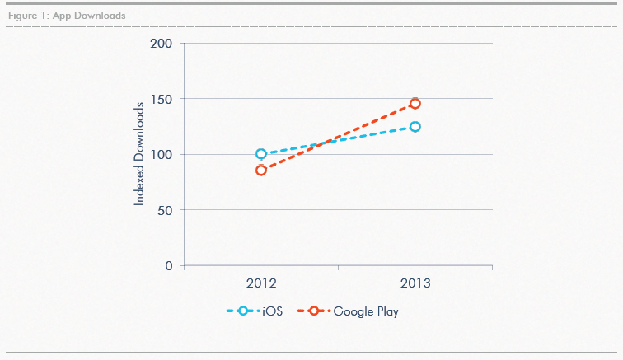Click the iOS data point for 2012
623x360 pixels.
[x=261, y=154]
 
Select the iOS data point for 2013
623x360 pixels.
[x=415, y=127]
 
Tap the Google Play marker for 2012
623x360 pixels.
[x=261, y=171]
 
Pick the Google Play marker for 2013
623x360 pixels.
[x=415, y=104]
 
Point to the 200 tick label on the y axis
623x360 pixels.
[x=162, y=43]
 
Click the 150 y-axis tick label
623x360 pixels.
[x=162, y=99]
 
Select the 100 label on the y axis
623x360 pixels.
[x=162, y=154]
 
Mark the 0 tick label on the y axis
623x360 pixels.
[x=169, y=266]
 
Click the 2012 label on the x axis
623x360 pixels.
[x=261, y=283]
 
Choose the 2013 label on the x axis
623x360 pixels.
[x=415, y=283]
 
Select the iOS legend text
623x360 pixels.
[x=273, y=311]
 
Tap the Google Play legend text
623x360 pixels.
[x=366, y=311]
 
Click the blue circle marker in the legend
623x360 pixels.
[x=242, y=311]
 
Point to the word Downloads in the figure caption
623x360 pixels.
[x=101, y=16]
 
